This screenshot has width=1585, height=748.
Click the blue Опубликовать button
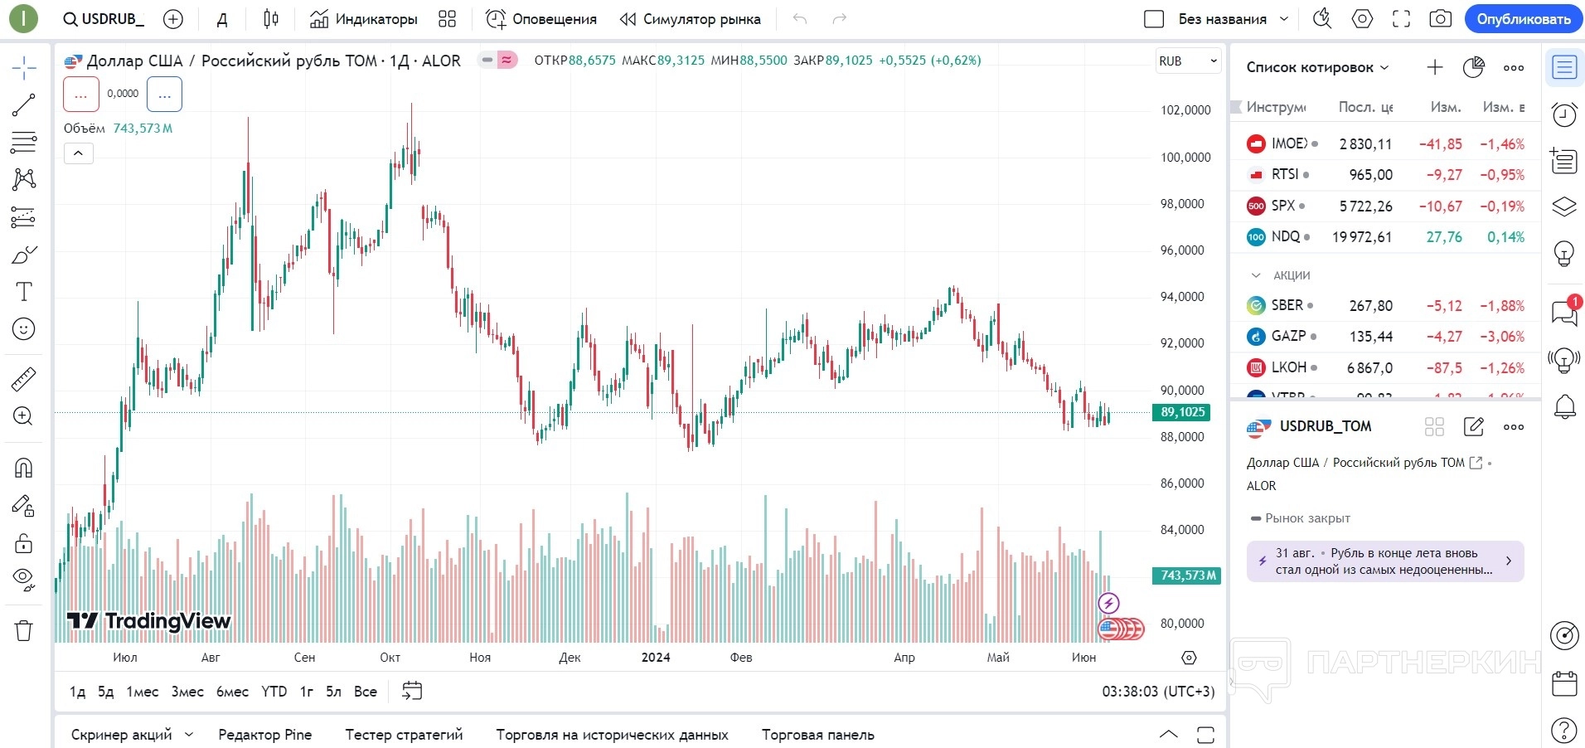(x=1523, y=19)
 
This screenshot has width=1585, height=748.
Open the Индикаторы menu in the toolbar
(x=364, y=19)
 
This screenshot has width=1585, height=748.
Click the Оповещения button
(x=541, y=19)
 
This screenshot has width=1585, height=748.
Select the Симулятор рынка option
(x=691, y=19)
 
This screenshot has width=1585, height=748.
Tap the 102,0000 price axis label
(x=1185, y=110)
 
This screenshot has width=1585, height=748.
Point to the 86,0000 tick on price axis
(x=1181, y=483)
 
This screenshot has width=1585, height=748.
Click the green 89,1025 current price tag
(x=1181, y=412)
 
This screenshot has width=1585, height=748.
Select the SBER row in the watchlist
(x=1287, y=305)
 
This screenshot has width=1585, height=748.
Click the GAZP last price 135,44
(x=1370, y=337)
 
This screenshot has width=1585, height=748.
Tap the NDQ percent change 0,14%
(x=1505, y=237)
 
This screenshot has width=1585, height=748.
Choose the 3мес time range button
(x=187, y=692)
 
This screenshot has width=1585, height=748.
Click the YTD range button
(x=274, y=692)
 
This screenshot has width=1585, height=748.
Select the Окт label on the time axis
(x=390, y=658)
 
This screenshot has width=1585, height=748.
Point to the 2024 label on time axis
(x=656, y=658)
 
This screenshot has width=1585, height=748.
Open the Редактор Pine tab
(x=264, y=735)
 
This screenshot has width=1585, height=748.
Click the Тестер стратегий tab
(x=404, y=735)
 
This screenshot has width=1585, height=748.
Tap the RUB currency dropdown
(x=1187, y=61)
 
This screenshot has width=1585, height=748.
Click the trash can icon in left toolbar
(x=24, y=631)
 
